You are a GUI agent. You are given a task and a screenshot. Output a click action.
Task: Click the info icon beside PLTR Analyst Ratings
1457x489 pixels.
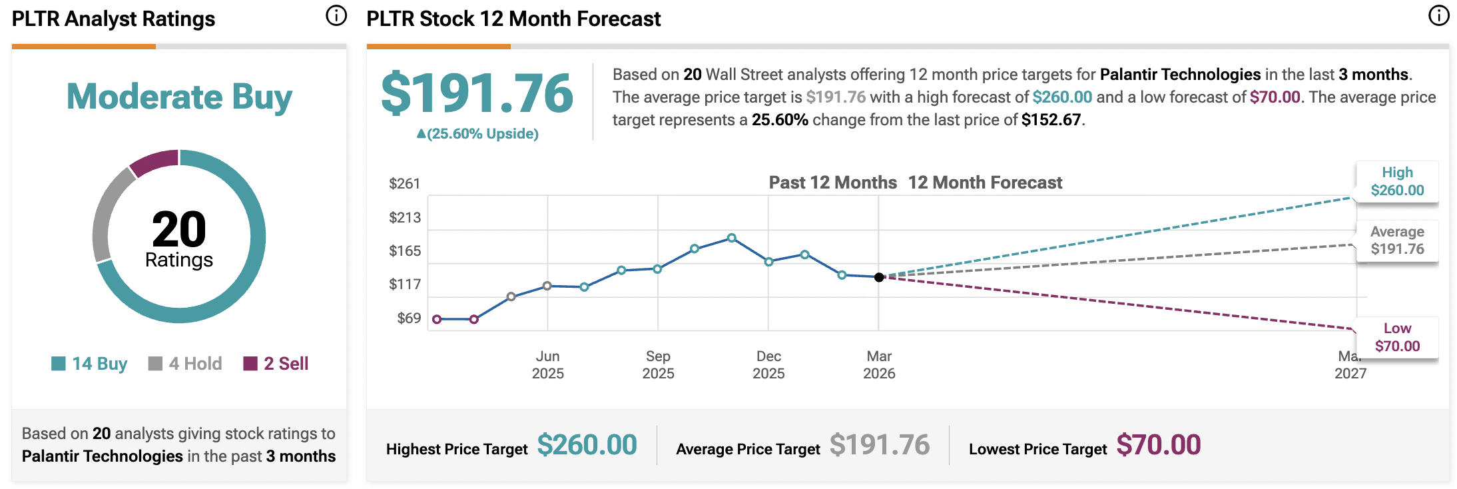tap(336, 15)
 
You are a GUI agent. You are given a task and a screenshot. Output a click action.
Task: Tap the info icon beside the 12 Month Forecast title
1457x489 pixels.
tap(1438, 15)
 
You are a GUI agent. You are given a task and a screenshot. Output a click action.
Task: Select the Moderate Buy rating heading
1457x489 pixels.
tap(179, 97)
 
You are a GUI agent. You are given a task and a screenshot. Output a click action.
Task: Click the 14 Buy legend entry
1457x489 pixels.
tap(90, 364)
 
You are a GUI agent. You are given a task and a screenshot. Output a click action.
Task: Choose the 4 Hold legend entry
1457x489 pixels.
tap(186, 364)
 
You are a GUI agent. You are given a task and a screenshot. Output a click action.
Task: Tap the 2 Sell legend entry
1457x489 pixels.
tap(276, 364)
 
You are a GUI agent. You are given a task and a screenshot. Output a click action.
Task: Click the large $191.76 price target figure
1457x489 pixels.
tap(477, 94)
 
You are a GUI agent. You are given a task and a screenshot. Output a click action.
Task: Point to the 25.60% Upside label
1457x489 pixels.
tap(477, 134)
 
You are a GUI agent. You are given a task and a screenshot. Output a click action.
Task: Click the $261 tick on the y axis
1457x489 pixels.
tap(405, 184)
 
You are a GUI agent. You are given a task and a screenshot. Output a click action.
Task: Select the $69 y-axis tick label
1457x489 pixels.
tap(409, 318)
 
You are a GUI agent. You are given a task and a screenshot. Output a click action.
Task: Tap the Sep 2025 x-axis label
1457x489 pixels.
tap(658, 364)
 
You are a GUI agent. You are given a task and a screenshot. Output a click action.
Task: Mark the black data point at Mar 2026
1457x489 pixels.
tap(879, 277)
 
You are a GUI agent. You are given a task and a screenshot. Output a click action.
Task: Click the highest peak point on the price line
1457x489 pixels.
tap(732, 238)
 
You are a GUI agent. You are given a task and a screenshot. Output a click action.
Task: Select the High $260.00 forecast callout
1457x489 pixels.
tap(1397, 181)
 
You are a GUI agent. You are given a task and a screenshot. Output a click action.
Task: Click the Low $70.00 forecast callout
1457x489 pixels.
tap(1397, 337)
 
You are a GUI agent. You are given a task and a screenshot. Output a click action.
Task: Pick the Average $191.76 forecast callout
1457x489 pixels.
tap(1397, 241)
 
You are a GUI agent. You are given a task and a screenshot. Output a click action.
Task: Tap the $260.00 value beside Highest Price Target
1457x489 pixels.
tap(587, 445)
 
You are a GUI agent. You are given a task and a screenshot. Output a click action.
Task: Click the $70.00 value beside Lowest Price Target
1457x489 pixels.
tap(1158, 445)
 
